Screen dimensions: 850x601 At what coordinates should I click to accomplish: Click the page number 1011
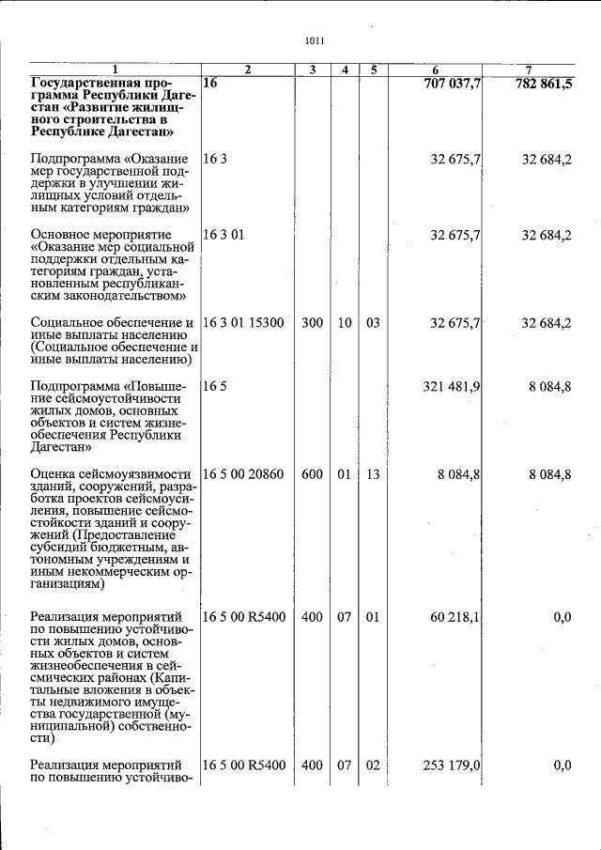click(315, 41)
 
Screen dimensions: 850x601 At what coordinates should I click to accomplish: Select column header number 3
click(312, 70)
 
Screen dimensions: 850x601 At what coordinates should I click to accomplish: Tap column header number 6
click(436, 70)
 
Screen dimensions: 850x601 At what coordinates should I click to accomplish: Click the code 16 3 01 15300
click(243, 323)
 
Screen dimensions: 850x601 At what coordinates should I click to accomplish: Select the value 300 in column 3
click(312, 323)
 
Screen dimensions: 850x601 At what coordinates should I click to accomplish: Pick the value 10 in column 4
click(345, 323)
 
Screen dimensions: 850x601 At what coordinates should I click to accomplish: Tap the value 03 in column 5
click(373, 323)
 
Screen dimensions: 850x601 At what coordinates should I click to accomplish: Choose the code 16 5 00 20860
click(243, 475)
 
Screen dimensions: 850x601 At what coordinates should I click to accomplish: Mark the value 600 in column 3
click(312, 475)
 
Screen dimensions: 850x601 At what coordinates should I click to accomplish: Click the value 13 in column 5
click(373, 475)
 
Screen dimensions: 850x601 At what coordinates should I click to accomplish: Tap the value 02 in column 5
click(373, 766)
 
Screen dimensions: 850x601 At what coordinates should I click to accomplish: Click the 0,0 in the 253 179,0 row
click(562, 766)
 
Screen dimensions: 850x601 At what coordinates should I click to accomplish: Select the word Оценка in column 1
click(54, 475)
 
